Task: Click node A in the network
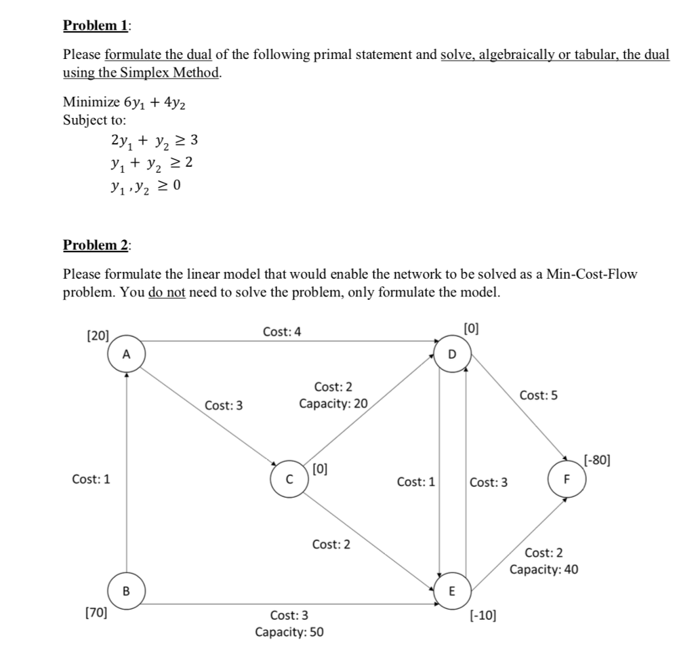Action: tap(126, 354)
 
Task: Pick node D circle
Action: tap(453, 354)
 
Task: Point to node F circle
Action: tap(568, 480)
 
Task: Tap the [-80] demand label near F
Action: tap(596, 461)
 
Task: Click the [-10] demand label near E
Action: tap(483, 616)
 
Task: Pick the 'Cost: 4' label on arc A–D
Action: tap(283, 332)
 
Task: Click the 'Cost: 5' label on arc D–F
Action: tap(539, 395)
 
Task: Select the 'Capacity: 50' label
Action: tap(289, 632)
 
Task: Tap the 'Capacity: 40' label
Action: tap(544, 569)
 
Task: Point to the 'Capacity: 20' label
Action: tap(333, 404)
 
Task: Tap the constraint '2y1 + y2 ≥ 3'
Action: tap(153, 141)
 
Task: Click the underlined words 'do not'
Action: tap(167, 293)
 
